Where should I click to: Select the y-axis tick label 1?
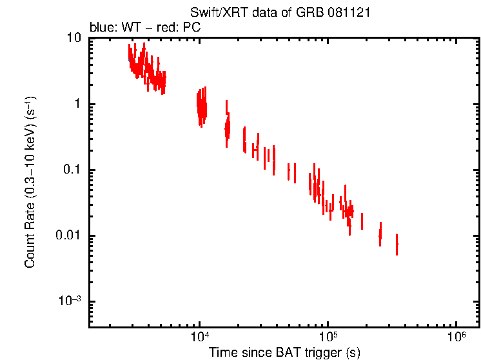(x=79, y=104)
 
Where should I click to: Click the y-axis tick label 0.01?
(x=70, y=235)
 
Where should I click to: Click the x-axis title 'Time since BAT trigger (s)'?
(x=284, y=352)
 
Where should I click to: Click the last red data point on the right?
(x=397, y=245)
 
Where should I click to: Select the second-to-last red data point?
(x=380, y=235)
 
